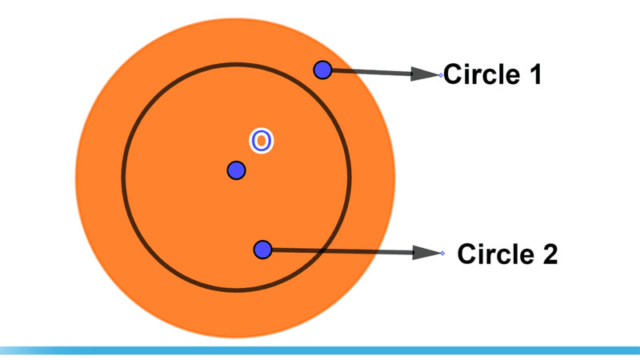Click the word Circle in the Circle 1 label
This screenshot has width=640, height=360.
tap(482, 74)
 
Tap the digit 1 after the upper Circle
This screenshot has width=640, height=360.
tap(535, 74)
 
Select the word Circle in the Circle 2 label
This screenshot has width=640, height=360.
tap(495, 254)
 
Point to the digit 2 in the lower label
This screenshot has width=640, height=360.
tap(549, 254)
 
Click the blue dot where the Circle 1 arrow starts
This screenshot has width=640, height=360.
tap(322, 70)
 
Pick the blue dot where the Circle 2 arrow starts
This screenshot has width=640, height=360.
tap(263, 250)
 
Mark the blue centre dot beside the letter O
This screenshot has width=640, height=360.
tap(236, 170)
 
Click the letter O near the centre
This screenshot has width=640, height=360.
tap(262, 141)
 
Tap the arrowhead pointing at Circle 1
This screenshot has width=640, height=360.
tap(425, 74)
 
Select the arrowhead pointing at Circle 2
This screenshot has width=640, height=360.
tap(427, 253)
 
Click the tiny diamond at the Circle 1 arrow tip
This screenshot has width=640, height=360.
tap(441, 75)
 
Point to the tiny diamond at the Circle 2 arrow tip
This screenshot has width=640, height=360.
tap(443, 254)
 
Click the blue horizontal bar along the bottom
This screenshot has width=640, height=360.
tap(320, 350)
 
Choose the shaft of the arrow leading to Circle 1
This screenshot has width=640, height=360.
tap(371, 72)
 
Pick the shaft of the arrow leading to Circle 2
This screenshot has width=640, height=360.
tap(343, 251)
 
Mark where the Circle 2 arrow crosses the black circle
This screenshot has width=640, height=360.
tap(322, 251)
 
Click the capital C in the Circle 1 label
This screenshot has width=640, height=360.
tap(453, 74)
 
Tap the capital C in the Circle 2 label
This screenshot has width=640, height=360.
tap(466, 254)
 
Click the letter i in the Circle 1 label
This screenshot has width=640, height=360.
tap(468, 74)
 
